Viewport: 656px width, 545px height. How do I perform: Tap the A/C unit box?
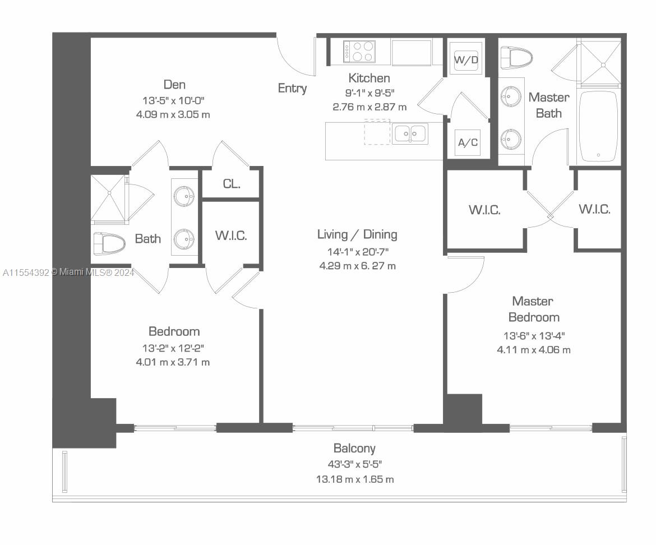(468, 142)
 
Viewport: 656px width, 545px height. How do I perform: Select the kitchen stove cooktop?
(359, 52)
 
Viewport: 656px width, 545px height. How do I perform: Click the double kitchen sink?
(410, 134)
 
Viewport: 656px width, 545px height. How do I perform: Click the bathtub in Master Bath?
(598, 126)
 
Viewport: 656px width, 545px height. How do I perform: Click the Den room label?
(174, 85)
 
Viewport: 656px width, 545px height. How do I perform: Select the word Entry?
(292, 88)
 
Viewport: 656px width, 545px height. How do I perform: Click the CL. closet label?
(232, 183)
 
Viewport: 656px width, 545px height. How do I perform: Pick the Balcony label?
(354, 449)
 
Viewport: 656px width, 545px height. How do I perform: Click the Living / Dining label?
(357, 234)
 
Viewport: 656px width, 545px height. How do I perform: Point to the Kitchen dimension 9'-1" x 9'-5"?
(369, 93)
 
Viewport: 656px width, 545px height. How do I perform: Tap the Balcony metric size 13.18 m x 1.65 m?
(355, 479)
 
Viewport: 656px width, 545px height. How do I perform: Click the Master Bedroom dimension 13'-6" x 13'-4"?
(534, 336)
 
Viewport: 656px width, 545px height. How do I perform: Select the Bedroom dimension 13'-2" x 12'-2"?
(173, 348)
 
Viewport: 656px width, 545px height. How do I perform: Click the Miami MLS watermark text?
(68, 272)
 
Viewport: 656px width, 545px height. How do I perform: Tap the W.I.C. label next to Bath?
(231, 235)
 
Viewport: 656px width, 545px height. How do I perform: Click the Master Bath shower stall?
(599, 62)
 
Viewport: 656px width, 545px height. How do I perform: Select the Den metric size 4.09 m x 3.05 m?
(173, 114)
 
